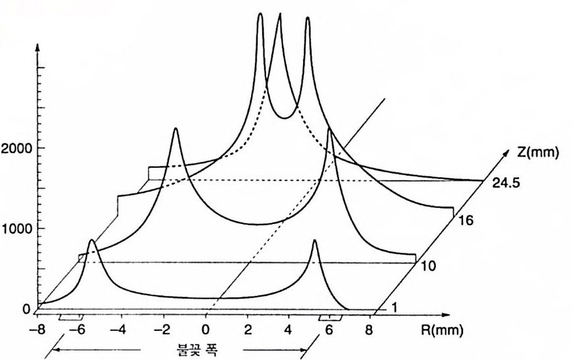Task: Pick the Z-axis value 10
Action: coord(427,266)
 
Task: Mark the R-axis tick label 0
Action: coord(207,328)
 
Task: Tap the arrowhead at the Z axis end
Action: coord(509,153)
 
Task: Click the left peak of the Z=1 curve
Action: coord(92,241)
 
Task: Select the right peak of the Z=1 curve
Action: coord(315,241)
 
